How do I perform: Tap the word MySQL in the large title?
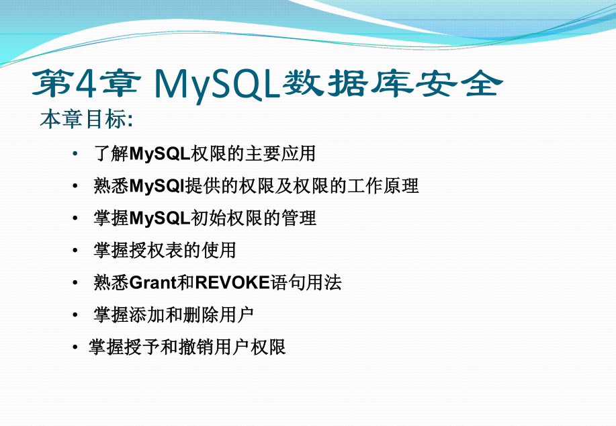click(x=217, y=85)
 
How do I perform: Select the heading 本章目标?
click(x=83, y=119)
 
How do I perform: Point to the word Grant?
click(x=152, y=283)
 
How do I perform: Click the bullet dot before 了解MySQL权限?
click(x=75, y=154)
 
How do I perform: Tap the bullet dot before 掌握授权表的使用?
click(x=75, y=251)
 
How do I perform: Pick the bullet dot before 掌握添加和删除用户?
click(x=75, y=314)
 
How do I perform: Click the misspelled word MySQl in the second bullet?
click(x=157, y=186)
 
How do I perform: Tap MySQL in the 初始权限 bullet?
click(x=160, y=218)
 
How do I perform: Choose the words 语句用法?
click(x=306, y=283)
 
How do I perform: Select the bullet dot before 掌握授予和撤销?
click(x=75, y=347)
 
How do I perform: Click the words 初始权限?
click(x=226, y=218)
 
